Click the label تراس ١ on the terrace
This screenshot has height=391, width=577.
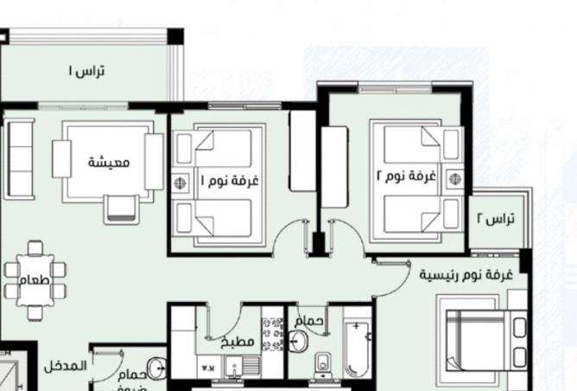pos(87,71)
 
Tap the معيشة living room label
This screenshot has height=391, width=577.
pos(109,162)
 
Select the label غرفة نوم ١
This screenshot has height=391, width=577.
pos(230,182)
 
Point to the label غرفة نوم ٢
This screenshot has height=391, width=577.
pos(405,176)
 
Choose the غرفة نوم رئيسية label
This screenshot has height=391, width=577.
pos(466,274)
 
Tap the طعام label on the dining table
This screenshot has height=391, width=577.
pos(35,281)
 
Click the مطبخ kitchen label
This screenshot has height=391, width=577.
pos(238,342)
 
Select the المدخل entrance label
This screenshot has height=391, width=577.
pos(66,366)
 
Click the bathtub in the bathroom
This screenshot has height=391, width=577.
pos(356,349)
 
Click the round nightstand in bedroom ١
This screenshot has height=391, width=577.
pos(181,183)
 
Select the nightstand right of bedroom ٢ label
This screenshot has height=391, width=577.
pos(454,179)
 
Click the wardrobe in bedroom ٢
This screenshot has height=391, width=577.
pos(334,166)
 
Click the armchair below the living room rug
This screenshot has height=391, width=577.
pos(120,208)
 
